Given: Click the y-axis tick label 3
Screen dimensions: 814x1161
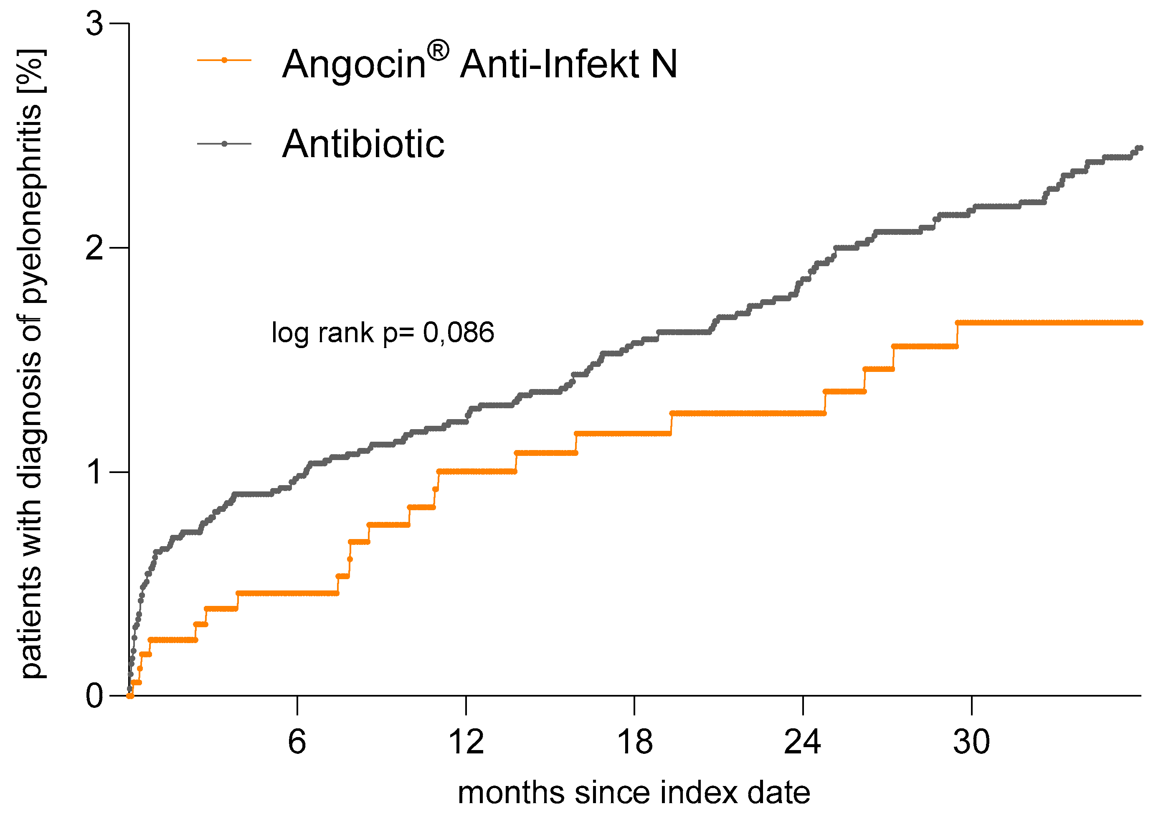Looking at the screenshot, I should point(94,24).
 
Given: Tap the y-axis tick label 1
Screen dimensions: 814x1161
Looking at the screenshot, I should point(94,473).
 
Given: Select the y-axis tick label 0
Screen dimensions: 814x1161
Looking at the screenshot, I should point(94,697).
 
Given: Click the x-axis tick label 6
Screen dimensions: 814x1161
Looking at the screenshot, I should point(297,742).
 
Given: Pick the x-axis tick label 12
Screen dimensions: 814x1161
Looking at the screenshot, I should point(466,742).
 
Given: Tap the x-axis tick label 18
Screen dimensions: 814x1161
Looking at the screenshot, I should point(635,742).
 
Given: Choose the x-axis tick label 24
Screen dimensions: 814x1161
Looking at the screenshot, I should point(803,742).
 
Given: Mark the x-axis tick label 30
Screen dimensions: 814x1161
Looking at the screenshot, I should point(971,742).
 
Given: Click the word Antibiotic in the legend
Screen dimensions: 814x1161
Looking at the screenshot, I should point(363,144).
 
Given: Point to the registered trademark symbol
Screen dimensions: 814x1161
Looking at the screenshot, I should point(438,51).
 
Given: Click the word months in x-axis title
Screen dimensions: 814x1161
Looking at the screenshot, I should point(511,793).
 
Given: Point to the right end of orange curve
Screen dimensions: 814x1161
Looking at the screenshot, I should point(1140,323).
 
